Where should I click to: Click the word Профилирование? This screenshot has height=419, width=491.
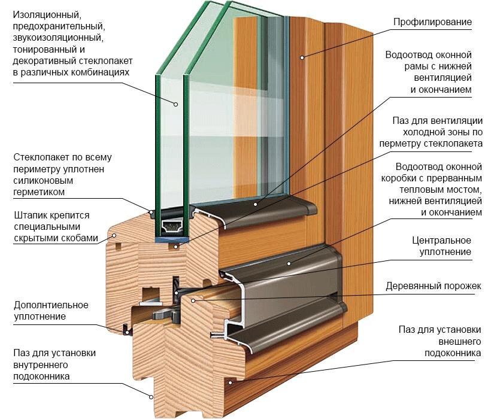[432, 23]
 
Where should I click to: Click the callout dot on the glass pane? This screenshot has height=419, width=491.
[176, 104]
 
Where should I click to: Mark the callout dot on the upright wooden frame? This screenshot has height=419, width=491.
[302, 58]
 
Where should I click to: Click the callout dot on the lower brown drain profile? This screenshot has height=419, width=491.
[287, 263]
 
